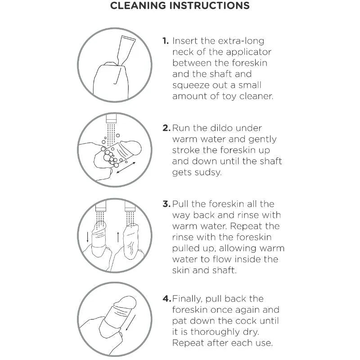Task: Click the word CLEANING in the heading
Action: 138,6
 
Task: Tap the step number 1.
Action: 166,41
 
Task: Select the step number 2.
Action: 166,128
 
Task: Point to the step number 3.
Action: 166,204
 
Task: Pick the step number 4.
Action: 167,299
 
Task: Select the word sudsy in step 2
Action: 208,173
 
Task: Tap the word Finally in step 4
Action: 187,299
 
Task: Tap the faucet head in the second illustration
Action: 111,119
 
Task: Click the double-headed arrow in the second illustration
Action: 126,167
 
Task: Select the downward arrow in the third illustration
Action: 87,237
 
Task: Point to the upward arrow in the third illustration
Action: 118,237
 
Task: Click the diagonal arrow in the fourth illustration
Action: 130,323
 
